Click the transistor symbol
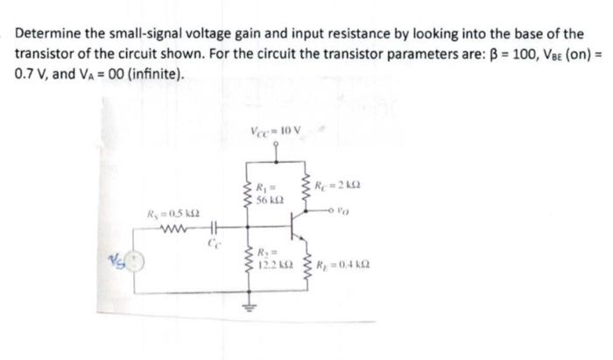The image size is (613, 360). tap(294, 233)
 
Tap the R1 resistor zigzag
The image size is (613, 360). tap(248, 194)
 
